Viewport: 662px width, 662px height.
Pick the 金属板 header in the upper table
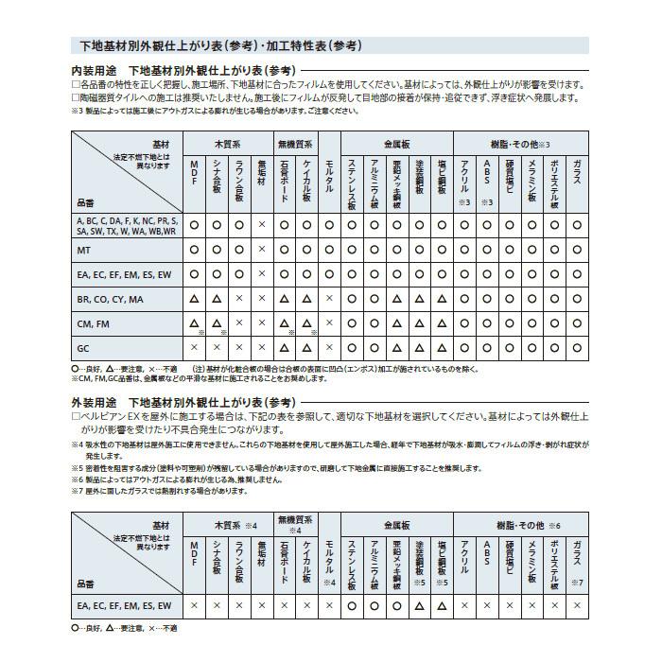click(x=396, y=144)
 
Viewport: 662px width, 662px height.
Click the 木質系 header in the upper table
click(x=228, y=144)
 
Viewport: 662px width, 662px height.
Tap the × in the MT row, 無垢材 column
click(x=262, y=250)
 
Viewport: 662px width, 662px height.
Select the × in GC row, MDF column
click(x=194, y=347)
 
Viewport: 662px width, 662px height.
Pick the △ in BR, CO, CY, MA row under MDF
click(x=194, y=299)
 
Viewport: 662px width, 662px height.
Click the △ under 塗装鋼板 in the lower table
click(x=419, y=605)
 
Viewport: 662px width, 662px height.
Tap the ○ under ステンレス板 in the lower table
click(x=352, y=605)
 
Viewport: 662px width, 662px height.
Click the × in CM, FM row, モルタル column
click(x=329, y=323)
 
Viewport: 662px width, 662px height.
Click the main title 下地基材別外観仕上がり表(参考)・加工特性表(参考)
click(x=218, y=45)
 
